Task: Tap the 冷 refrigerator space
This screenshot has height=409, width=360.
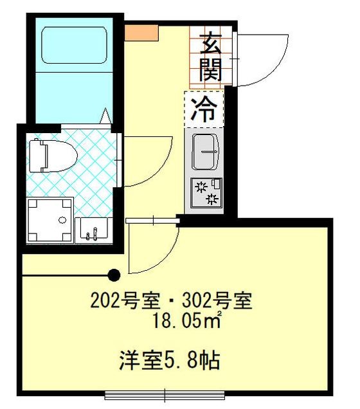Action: click(204, 109)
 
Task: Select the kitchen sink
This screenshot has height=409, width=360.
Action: click(204, 152)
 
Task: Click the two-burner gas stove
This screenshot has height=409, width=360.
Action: click(206, 192)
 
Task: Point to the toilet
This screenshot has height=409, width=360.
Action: click(52, 155)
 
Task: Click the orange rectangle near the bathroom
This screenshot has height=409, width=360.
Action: click(141, 32)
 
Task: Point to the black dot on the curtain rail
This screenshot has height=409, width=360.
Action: click(114, 276)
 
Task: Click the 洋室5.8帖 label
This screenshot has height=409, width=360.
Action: click(170, 359)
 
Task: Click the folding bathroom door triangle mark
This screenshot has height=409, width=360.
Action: click(105, 117)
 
